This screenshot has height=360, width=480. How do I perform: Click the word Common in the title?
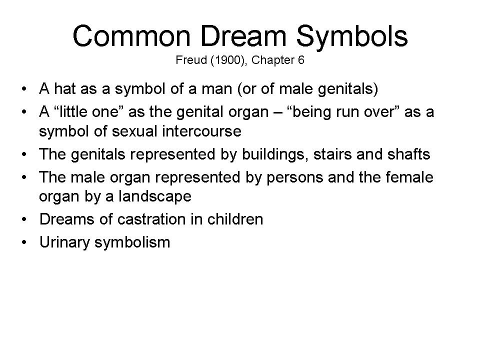point(131,36)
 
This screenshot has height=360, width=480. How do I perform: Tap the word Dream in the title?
point(243,36)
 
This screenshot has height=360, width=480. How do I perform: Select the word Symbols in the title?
point(352,37)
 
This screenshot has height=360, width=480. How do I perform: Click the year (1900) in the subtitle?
point(228,60)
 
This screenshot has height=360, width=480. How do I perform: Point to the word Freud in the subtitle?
point(191,60)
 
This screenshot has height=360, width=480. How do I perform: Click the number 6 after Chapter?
point(301,60)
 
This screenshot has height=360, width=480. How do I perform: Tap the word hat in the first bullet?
point(64,89)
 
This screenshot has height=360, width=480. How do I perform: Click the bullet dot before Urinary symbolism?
point(24,242)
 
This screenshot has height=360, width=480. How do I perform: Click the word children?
point(235,219)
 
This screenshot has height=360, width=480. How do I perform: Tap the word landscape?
point(155,196)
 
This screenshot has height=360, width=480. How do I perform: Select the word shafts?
point(408,154)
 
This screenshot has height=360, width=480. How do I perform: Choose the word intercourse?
point(201,131)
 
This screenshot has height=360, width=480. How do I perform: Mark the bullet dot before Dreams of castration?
point(24,219)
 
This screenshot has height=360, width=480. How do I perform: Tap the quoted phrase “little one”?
point(85,111)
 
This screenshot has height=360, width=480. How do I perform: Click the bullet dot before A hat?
point(24,89)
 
